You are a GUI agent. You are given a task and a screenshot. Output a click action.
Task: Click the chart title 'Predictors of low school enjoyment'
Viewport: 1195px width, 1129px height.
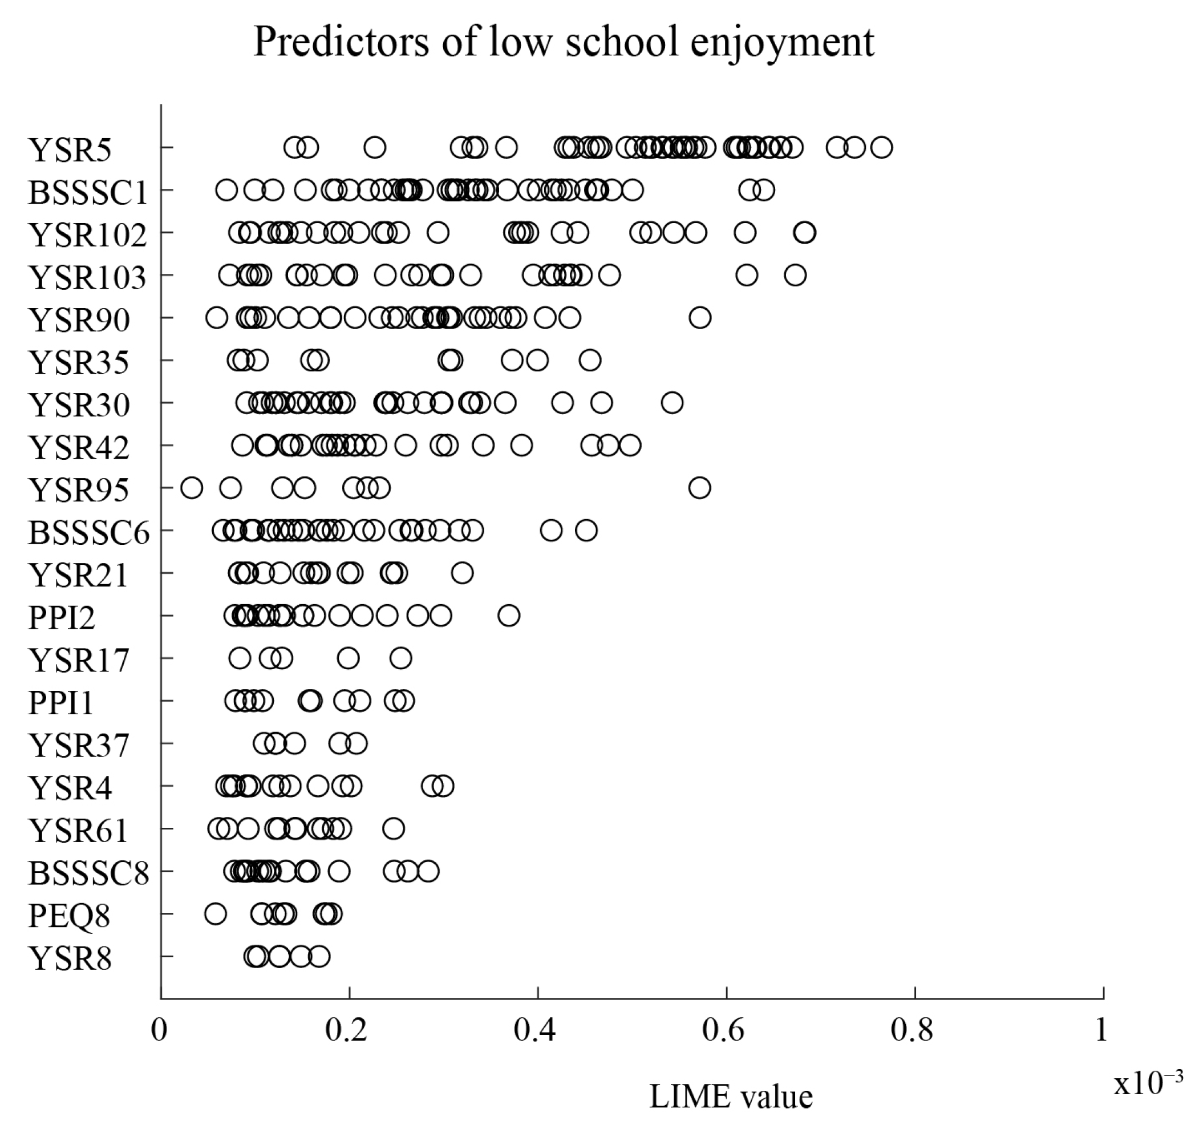click(563, 42)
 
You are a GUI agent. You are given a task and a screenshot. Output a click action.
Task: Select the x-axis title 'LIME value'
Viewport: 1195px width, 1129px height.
click(731, 1096)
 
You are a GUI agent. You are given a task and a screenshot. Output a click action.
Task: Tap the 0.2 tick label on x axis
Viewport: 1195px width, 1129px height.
click(346, 1030)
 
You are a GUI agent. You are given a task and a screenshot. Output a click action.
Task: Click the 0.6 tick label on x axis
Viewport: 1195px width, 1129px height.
click(723, 1030)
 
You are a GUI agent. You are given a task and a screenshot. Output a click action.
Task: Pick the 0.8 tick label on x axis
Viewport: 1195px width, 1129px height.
click(912, 1030)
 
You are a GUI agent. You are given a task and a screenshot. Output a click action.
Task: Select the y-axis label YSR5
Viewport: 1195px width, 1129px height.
click(70, 150)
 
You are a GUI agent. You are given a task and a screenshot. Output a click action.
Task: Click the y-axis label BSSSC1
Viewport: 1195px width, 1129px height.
click(88, 193)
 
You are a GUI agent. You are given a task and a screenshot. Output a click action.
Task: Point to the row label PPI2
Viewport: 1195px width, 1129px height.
click(62, 618)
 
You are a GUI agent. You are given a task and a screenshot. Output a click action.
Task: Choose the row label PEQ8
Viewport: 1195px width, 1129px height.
click(69, 916)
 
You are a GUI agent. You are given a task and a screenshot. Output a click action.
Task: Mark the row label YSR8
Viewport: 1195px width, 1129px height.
click(70, 958)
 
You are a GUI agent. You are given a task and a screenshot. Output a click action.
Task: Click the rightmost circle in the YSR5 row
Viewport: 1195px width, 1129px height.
click(881, 147)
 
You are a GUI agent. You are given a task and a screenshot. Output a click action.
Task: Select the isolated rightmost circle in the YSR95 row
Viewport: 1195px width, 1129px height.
click(699, 487)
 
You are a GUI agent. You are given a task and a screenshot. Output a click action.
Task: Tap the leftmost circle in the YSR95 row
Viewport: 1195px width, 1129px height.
click(191, 487)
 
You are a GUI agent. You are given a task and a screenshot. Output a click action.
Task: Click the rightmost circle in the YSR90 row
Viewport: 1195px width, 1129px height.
click(700, 318)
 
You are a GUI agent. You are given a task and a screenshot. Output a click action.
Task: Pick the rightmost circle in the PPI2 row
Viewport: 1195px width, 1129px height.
click(509, 616)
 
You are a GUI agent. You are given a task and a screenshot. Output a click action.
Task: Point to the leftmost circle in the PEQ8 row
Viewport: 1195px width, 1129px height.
click(216, 913)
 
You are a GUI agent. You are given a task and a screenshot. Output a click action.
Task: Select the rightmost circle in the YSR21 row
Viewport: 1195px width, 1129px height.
click(462, 573)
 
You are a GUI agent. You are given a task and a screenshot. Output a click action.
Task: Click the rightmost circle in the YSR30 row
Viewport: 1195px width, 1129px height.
click(672, 403)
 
